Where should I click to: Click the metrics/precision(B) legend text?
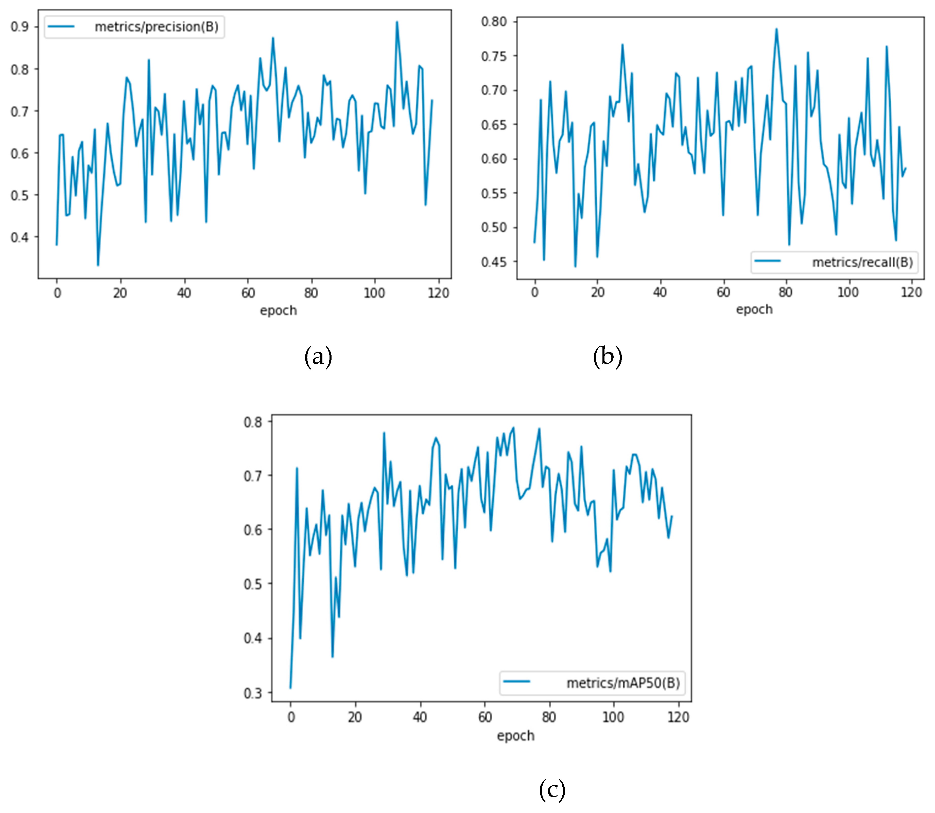coord(156,27)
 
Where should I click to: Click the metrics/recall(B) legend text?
coord(862,262)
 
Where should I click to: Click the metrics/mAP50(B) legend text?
coord(622,683)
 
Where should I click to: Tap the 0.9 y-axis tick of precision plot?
coord(20,27)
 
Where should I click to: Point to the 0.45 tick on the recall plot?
coord(494,262)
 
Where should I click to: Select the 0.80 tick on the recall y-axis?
coord(494,22)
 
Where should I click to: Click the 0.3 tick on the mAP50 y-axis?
coord(253,693)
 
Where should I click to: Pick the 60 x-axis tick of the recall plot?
coord(723,292)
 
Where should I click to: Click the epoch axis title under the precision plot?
coord(278,311)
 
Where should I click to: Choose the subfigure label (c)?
coord(552,790)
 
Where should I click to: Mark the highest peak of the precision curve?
coord(396,22)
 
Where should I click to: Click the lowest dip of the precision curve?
coord(98,265)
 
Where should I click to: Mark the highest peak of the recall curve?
coord(776,29)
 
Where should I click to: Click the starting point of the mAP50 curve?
coord(291,688)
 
